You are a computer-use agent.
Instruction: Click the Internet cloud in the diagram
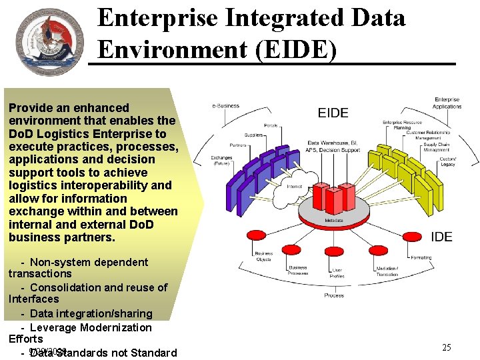click(x=293, y=187)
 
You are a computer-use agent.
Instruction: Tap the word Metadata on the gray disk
click(x=334, y=221)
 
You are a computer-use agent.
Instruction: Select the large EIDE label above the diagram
click(x=333, y=113)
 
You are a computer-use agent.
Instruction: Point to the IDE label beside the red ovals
click(x=441, y=237)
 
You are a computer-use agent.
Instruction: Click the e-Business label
click(x=225, y=106)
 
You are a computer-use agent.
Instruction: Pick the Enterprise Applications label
click(x=447, y=103)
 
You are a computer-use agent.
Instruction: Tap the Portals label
click(x=271, y=125)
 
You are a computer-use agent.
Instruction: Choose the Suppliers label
click(x=253, y=135)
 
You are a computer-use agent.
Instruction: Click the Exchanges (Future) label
click(x=221, y=161)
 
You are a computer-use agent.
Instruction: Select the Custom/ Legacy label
click(x=448, y=161)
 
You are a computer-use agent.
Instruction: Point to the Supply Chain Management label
click(x=437, y=147)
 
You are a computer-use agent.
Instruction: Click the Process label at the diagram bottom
click(x=334, y=295)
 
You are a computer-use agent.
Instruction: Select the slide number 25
click(x=447, y=347)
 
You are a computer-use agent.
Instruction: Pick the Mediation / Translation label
click(x=387, y=271)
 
